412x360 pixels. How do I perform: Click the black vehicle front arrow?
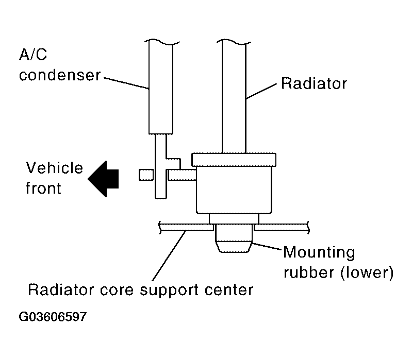coord(103,179)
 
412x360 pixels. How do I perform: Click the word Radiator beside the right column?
coord(314,84)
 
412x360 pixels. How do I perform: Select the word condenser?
coord(60,75)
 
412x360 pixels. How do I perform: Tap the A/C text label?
coord(33,55)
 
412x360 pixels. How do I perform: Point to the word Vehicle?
coord(54,168)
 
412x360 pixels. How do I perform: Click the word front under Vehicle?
coord(43,188)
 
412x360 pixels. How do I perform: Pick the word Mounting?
coord(319,253)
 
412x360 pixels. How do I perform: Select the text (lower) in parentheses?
coord(367,272)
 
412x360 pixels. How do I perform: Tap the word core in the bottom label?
coord(117,290)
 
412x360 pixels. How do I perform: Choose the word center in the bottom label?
coord(229,290)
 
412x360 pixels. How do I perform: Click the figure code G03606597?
coord(53,317)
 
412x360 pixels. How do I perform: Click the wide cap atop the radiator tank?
coord(234,160)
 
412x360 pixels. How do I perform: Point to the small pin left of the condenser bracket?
coord(146,175)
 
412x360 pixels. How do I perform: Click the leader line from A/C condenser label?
coord(127,83)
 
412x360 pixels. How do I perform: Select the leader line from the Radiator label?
coord(261,91)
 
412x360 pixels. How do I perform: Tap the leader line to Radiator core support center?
coord(169,255)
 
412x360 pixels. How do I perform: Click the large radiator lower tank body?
coord(234,190)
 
